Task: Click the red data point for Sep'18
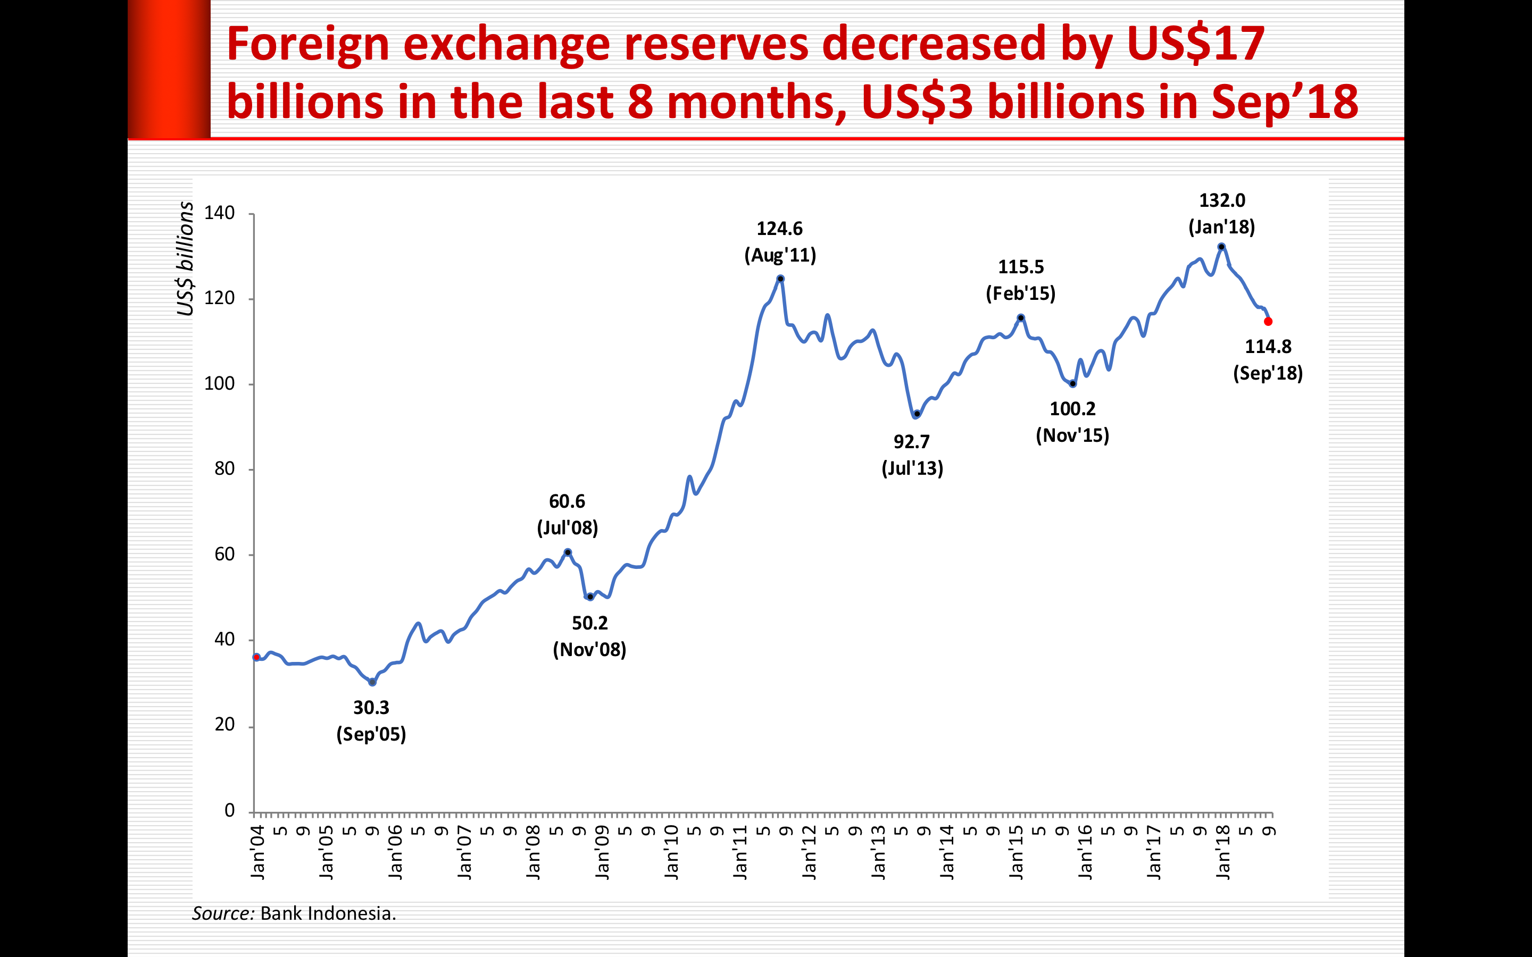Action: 1268,322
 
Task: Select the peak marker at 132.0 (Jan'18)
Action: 1221,247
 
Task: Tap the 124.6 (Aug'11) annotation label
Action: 780,242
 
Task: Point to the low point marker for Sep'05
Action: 372,682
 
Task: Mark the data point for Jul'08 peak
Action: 568,552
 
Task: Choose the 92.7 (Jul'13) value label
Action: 912,455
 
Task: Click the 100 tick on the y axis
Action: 219,383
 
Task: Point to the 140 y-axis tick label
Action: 219,213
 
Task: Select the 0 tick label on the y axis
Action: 229,810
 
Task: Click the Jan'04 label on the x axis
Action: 257,851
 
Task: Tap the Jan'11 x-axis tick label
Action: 740,851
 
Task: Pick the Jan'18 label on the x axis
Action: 1223,851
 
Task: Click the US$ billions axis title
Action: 185,258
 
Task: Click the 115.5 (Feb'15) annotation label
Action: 1020,280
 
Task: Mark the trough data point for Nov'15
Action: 1072,383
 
